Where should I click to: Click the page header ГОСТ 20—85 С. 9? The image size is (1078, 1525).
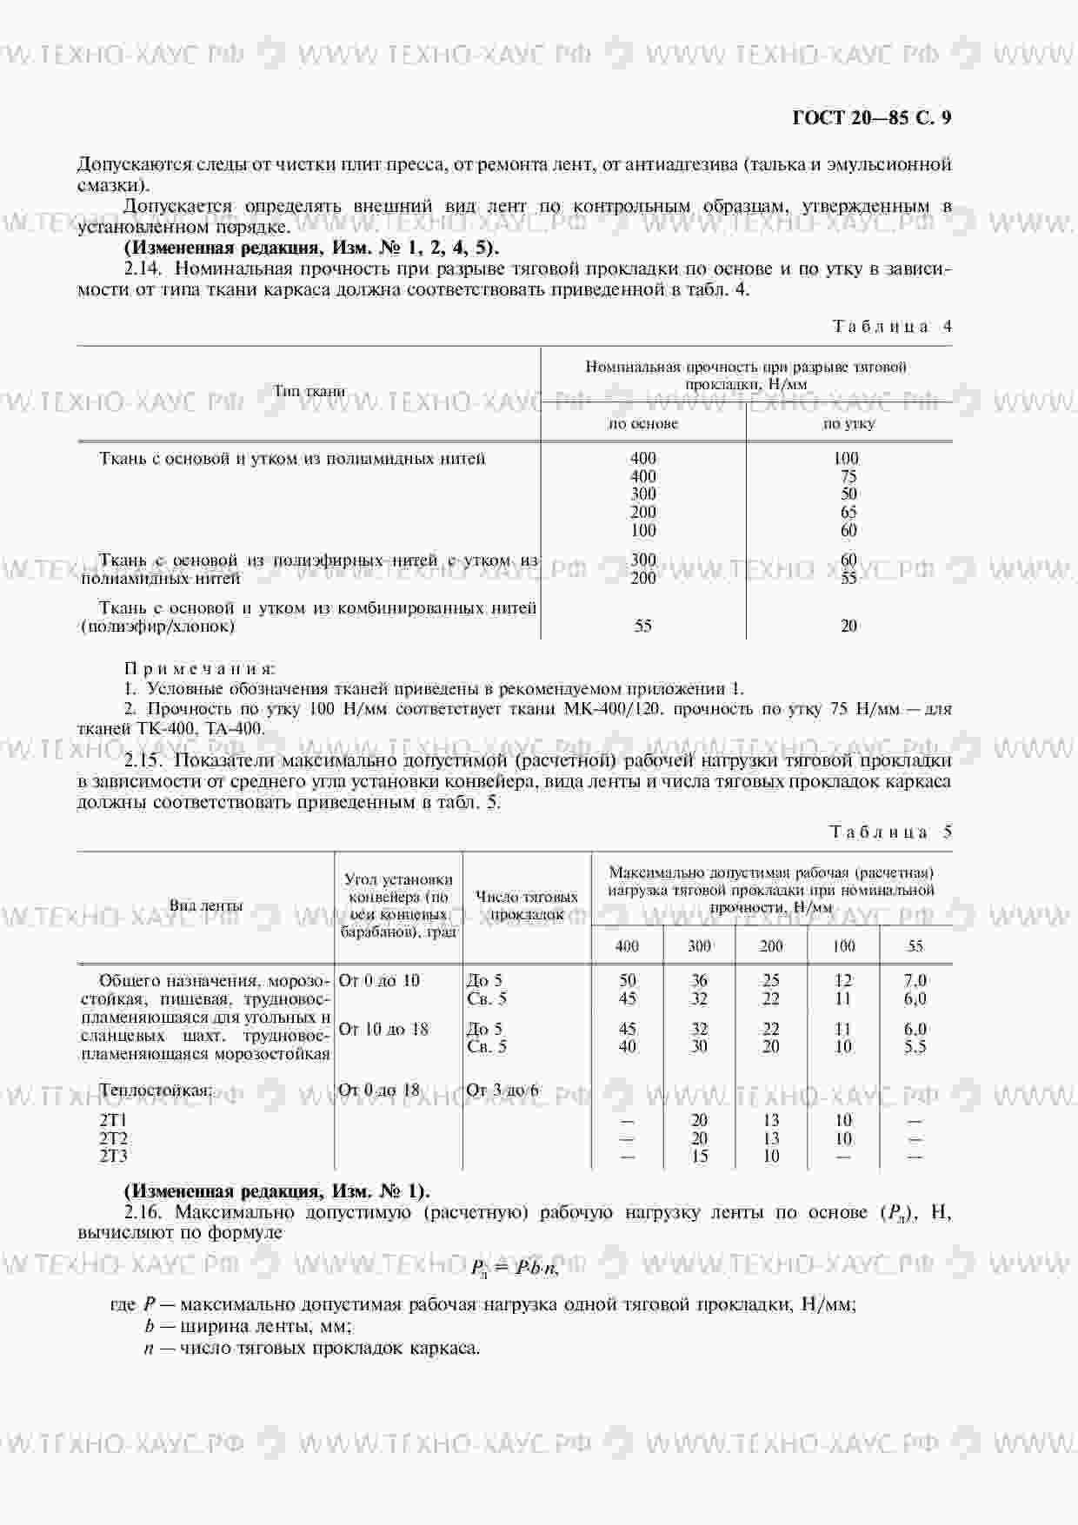871,118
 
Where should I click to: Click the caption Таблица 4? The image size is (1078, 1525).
892,327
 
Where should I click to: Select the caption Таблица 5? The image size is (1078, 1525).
891,832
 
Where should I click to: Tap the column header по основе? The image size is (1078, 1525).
642,424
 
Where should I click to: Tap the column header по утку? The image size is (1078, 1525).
848,424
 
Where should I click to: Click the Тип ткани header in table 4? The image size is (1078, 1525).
309,392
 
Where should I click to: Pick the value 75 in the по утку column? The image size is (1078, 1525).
848,476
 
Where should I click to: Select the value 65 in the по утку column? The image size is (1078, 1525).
848,512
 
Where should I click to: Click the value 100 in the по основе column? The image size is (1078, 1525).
642,530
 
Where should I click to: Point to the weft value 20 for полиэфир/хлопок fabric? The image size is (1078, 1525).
848,626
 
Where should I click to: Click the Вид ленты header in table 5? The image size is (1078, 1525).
206,905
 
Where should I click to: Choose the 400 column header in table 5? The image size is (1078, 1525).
627,946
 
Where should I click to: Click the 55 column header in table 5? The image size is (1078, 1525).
915,946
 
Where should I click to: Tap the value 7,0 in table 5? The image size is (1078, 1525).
915,981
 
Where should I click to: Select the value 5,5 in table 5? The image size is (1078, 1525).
915,1047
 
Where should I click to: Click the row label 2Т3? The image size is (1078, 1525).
114,1157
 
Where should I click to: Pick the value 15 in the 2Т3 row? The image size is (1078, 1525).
699,1157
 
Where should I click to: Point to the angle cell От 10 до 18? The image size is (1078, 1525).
383,1030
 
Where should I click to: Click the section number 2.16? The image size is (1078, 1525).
143,1212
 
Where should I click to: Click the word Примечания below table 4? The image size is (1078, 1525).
200,669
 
